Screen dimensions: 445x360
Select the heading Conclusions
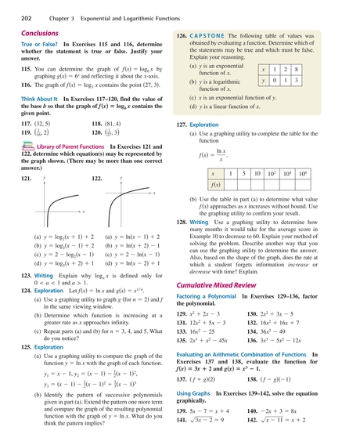(39, 34)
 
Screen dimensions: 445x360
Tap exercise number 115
(26, 69)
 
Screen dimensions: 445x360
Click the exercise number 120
(99, 134)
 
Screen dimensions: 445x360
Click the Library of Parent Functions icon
(27, 147)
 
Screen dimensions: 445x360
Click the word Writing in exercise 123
(43, 277)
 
